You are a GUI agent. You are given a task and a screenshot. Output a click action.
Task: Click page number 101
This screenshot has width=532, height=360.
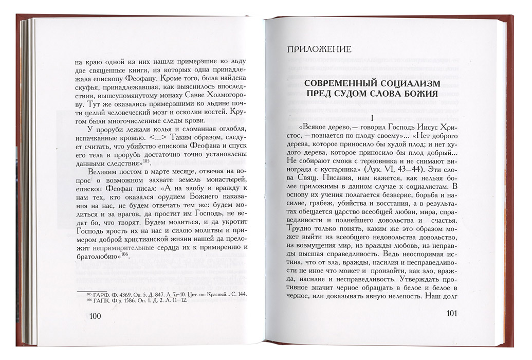point(456,314)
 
